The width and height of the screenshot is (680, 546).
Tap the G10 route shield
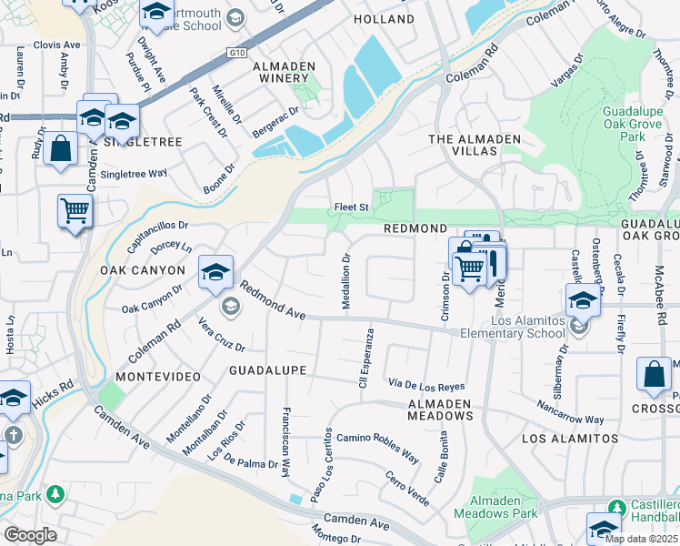point(238,54)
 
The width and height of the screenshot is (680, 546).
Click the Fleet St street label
point(351,207)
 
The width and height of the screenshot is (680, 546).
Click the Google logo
point(30,534)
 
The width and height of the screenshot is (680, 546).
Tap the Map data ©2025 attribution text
point(642,539)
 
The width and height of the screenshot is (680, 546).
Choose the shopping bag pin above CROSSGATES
point(655,376)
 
